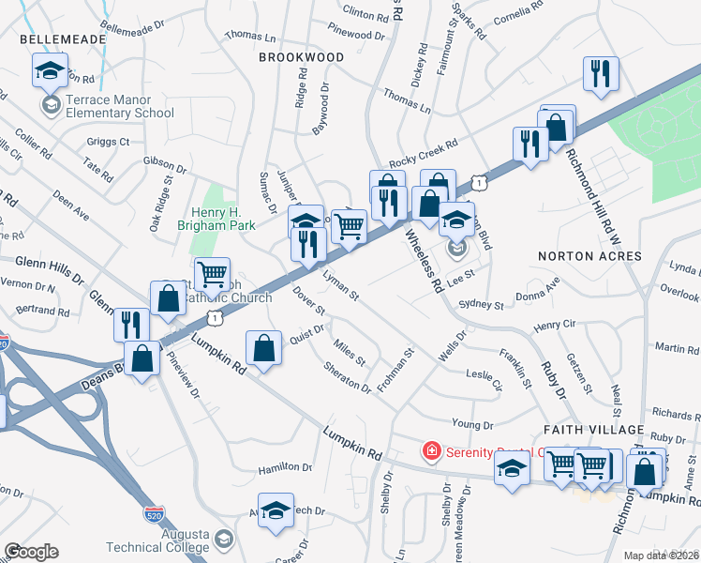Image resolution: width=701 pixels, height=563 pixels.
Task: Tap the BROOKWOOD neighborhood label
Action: coord(301,57)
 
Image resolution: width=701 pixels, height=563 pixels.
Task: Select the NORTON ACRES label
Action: coord(589,256)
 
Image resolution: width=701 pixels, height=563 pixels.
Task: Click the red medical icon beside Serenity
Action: coord(431,451)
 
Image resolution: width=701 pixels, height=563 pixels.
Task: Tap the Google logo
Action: coord(31,552)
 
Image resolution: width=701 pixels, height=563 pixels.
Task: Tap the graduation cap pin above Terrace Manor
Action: coord(50,69)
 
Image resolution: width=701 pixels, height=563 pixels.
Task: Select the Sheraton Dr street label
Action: coord(347,378)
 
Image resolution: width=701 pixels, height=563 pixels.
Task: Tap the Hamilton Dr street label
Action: coord(285,466)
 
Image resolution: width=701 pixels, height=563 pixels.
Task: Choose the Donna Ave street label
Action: coord(541,290)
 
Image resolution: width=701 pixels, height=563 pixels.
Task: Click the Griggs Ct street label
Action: coord(109,143)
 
